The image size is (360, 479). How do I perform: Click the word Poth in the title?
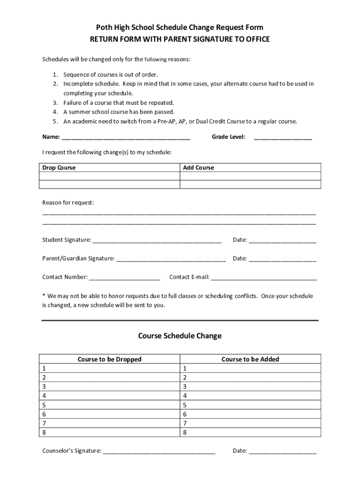tap(104, 28)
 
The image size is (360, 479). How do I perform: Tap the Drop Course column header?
tap(59, 167)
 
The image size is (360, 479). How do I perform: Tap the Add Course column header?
tap(199, 167)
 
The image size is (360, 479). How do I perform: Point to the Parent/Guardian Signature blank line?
tap(171, 259)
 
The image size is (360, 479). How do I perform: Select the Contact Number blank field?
tap(124, 277)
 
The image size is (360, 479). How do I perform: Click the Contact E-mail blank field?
tap(264, 277)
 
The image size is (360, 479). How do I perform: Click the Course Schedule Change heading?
tap(180, 336)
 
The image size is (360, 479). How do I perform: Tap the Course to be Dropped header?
tap(109, 359)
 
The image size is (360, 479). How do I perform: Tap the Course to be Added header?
tap(250, 359)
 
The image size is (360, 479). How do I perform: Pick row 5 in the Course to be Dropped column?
tap(109, 405)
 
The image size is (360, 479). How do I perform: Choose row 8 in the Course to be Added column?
tap(250, 433)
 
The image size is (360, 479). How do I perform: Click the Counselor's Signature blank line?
tap(159, 451)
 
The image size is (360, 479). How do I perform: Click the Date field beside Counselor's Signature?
tap(282, 451)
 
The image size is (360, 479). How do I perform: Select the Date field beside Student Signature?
tap(282, 240)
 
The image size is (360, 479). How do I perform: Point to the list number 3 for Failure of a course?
tap(55, 102)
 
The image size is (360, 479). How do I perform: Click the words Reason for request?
tap(68, 203)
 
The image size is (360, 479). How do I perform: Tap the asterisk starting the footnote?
tap(44, 296)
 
